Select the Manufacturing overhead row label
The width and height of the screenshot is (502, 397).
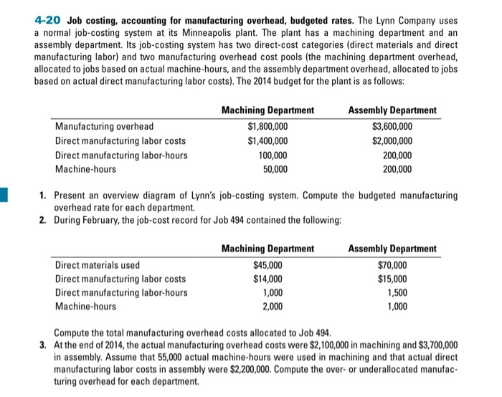pyautogui.click(x=104, y=126)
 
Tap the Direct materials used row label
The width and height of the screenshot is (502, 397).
pyautogui.click(x=98, y=264)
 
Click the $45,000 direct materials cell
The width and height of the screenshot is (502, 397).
pyautogui.click(x=267, y=264)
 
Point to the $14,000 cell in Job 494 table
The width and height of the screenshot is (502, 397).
pyautogui.click(x=267, y=279)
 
